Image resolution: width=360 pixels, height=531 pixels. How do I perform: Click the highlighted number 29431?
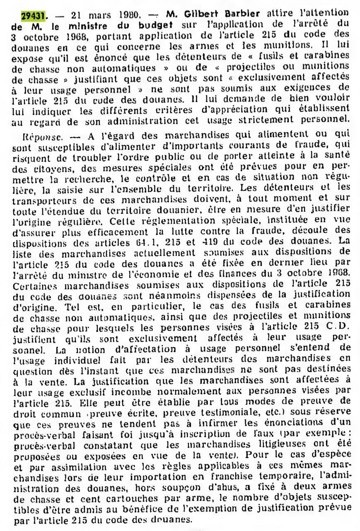pos(32,15)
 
